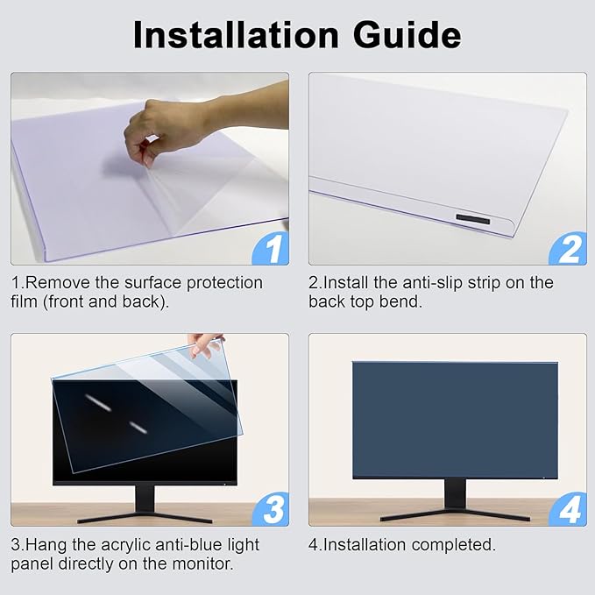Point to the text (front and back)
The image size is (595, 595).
point(104,302)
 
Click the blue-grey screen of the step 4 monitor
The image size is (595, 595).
point(454,419)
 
